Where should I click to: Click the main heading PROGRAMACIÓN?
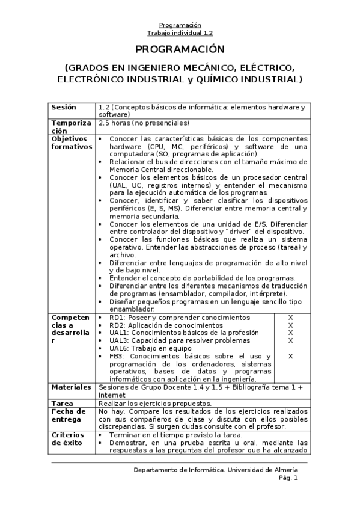point(180,49)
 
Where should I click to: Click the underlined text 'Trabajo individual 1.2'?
point(180,33)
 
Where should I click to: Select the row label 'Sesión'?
point(64,107)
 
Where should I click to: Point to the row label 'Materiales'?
point(71,387)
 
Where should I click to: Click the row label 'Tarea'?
point(62,403)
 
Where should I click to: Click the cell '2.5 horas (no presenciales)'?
point(144,123)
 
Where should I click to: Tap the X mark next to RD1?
point(290,317)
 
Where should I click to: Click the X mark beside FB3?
point(290,356)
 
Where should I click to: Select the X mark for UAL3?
point(290,340)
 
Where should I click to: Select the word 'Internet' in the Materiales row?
point(112,395)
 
